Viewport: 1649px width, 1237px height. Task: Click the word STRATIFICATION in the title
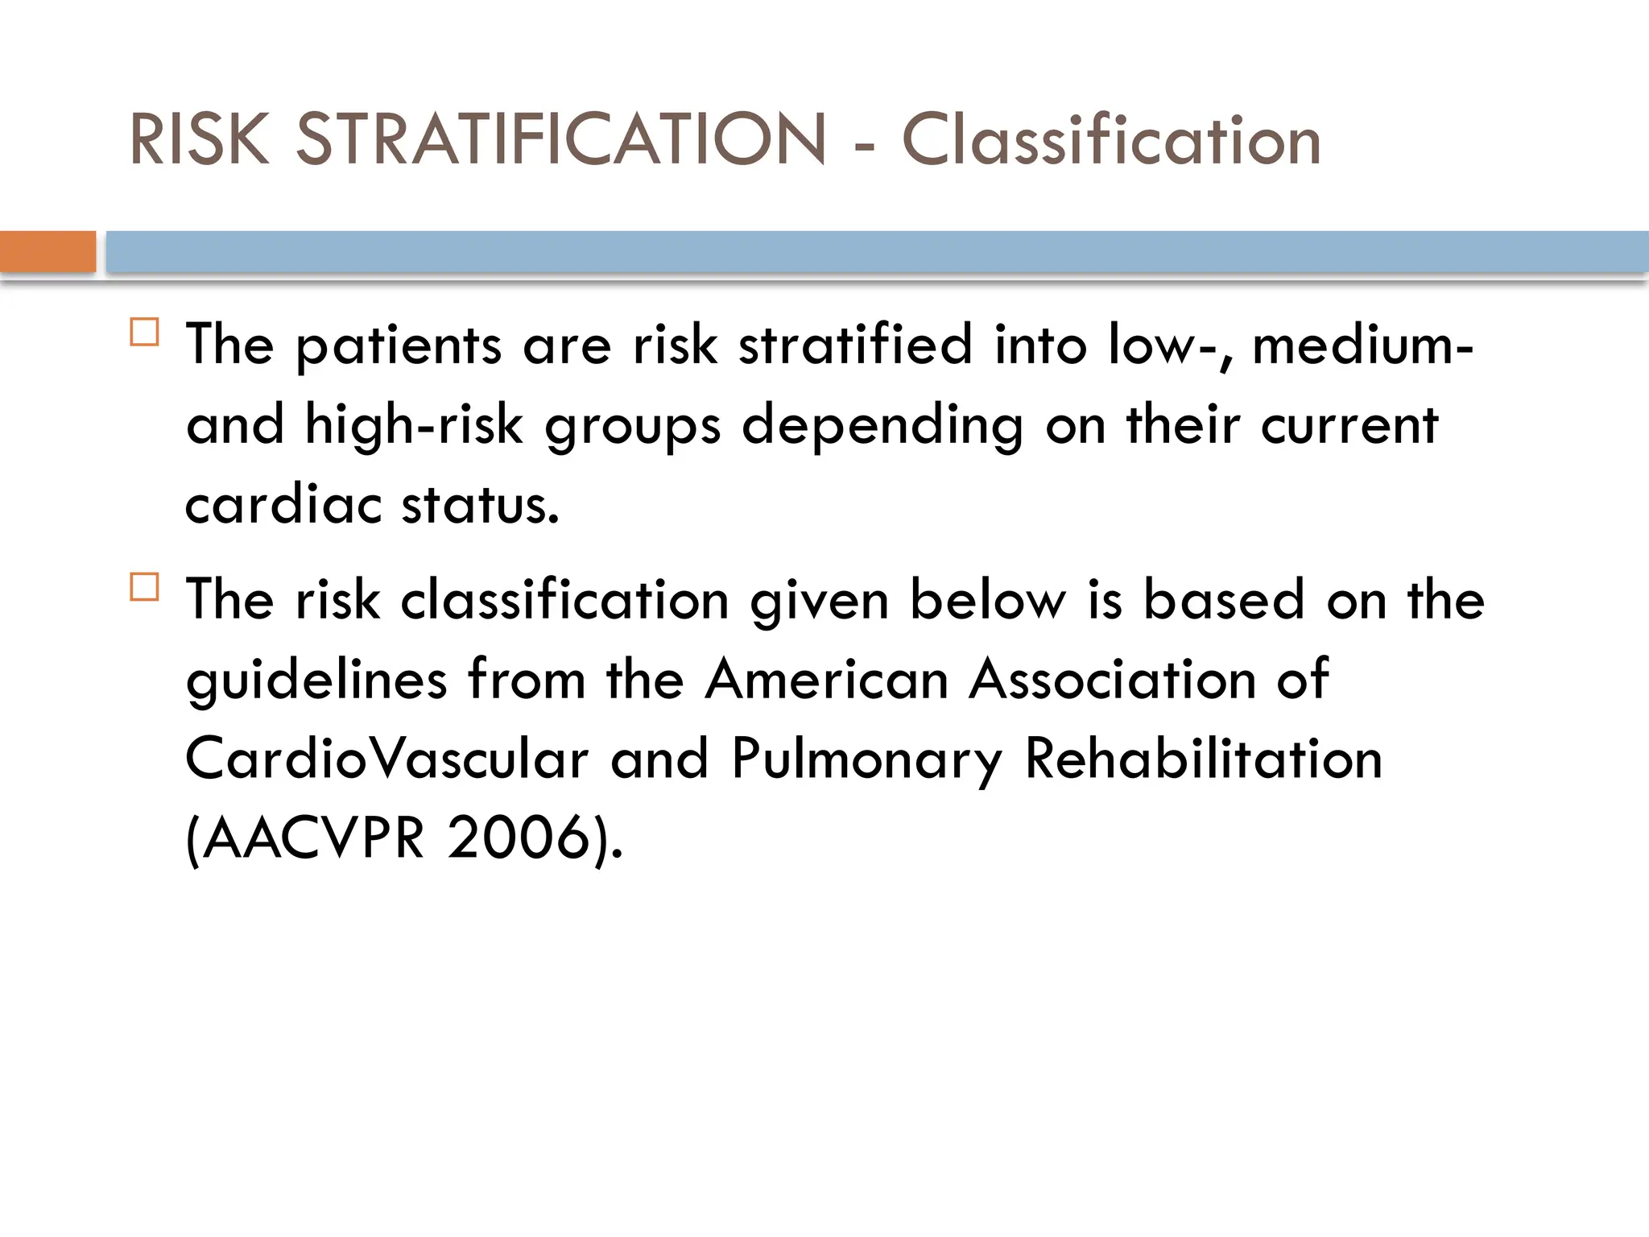click(x=561, y=139)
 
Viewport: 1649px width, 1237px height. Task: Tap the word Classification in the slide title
click(x=1111, y=139)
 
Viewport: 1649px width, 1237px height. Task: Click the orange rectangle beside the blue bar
click(x=48, y=251)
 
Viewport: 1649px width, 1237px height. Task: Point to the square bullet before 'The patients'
click(x=144, y=332)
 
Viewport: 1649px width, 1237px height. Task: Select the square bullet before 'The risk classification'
click(x=144, y=587)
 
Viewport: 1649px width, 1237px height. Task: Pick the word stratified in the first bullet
click(x=855, y=345)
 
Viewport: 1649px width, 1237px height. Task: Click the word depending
click(x=882, y=426)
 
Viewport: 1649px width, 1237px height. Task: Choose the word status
click(x=480, y=505)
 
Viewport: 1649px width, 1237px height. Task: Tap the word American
click(x=827, y=679)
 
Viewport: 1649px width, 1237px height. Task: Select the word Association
click(x=1112, y=679)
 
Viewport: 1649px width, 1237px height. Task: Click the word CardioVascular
click(x=386, y=759)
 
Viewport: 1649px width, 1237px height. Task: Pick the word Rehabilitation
click(x=1203, y=759)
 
